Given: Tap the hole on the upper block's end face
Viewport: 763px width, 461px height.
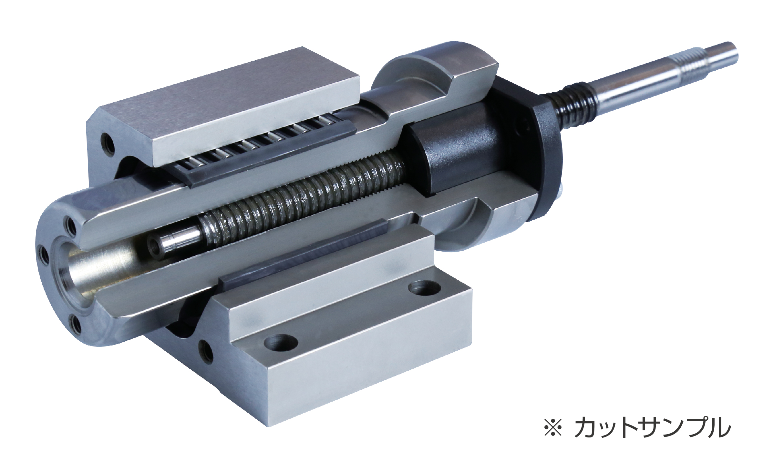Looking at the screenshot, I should pyautogui.click(x=107, y=142).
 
